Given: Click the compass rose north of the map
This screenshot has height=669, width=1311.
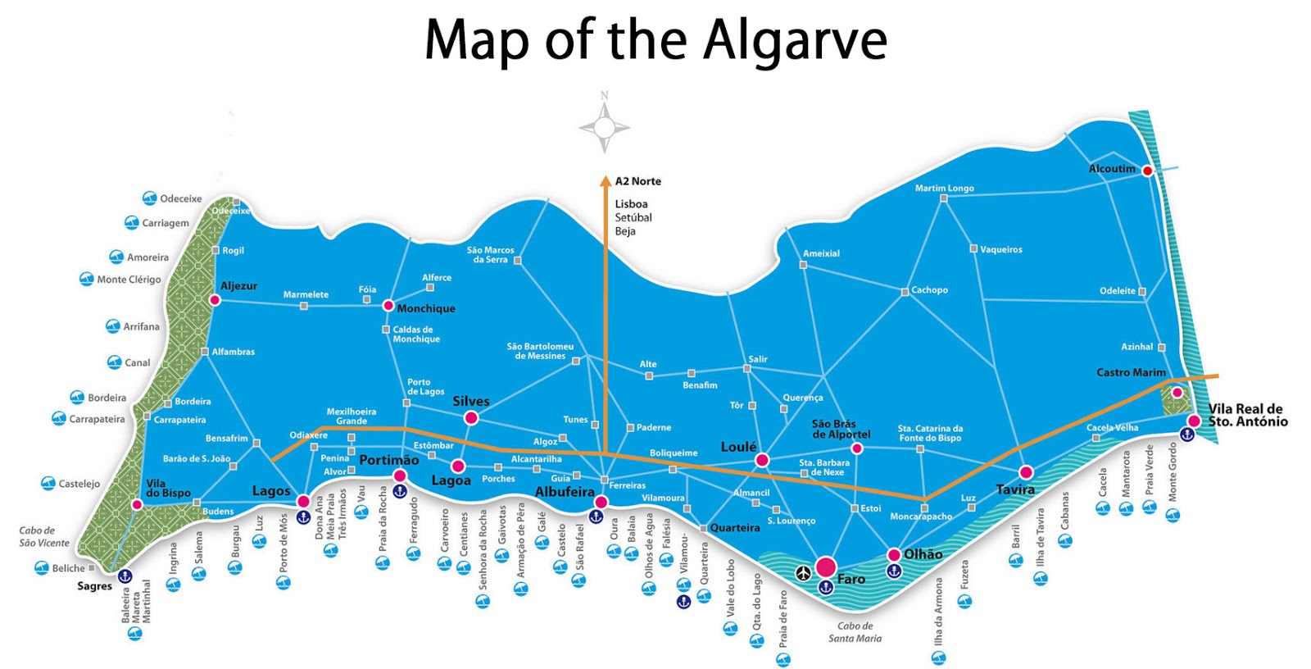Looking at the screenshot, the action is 605,127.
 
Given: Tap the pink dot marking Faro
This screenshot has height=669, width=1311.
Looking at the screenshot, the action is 826,567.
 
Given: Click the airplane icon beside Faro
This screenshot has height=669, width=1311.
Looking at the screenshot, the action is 803,572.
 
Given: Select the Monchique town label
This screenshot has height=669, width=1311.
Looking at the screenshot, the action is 426,309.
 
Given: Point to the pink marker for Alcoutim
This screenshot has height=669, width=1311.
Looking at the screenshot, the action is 1147,171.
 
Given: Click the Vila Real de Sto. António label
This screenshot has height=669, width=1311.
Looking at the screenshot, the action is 1247,415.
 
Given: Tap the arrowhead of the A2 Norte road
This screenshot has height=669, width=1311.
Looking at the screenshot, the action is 606,181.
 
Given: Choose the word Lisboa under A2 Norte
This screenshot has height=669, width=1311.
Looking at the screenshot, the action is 631,204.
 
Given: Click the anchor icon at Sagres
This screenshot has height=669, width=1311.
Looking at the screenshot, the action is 125,576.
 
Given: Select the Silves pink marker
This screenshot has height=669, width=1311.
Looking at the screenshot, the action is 470,418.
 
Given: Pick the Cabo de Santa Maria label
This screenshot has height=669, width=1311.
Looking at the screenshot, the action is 855,632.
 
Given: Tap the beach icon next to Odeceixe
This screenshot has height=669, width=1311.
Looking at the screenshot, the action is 149,198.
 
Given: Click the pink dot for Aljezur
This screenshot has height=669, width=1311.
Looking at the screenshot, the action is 215,300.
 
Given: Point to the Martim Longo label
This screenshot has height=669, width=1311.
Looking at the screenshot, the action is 944,188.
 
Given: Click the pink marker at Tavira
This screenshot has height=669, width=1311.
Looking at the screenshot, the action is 1026,472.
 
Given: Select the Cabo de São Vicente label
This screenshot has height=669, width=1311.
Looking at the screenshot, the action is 44,536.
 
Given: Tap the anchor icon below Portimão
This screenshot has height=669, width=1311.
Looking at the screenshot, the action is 400,491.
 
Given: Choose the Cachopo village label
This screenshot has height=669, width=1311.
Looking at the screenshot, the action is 929,289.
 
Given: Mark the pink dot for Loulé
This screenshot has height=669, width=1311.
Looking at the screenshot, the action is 762,460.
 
